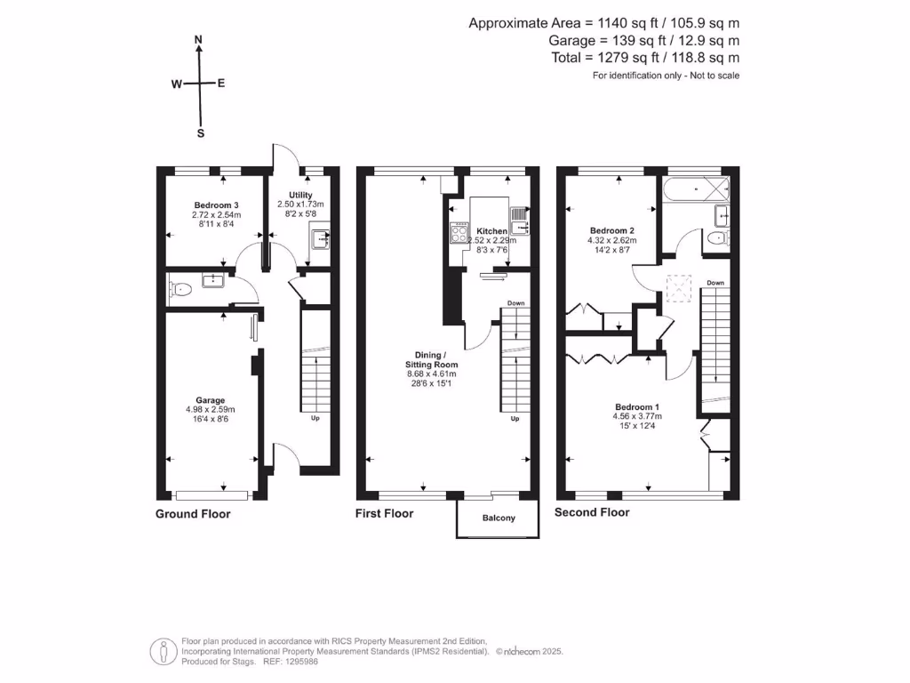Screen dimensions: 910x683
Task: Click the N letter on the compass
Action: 198,39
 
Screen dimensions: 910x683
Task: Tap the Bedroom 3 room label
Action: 216,205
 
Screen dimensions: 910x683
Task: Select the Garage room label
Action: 210,400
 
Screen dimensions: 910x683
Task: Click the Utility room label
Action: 300,195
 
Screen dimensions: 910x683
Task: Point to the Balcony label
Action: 499,518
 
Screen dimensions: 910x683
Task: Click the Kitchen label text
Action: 491,230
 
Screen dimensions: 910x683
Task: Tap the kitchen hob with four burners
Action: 459,233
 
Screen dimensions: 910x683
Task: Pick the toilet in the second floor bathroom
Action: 718,237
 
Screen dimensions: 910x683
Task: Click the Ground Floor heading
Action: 193,514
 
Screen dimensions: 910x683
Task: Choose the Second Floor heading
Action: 592,512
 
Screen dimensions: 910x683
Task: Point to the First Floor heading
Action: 384,513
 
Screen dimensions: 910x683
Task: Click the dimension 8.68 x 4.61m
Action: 432,374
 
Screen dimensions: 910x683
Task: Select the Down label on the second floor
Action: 715,283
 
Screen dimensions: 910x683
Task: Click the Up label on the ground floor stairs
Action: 315,418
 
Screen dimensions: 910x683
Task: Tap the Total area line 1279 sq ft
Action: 645,58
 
